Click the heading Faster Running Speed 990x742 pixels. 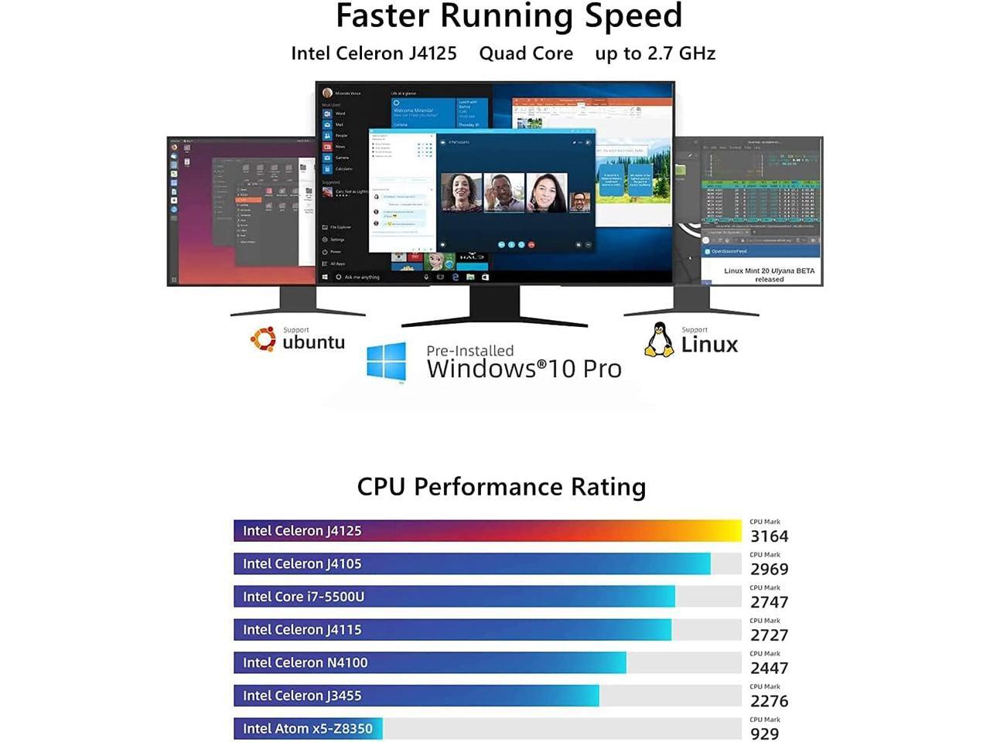point(508,15)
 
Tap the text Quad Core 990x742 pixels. point(526,53)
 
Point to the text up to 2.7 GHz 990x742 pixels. point(655,53)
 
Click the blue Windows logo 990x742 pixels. point(387,361)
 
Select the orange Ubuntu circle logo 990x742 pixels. point(263,339)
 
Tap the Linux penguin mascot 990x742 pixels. point(659,340)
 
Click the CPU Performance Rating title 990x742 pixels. point(501,487)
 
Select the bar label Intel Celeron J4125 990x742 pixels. point(302,531)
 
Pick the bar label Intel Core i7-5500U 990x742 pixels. point(303,597)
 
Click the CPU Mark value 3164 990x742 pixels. point(769,536)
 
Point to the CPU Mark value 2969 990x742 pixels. point(769,570)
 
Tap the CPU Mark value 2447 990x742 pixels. point(769,669)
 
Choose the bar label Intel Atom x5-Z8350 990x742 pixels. point(307,729)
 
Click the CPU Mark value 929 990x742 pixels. point(764,733)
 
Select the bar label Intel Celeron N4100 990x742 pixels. point(305,663)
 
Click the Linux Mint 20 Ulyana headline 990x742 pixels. point(769,274)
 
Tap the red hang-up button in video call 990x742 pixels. point(531,245)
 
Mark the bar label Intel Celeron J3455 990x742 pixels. point(302,696)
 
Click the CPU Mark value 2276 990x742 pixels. point(769,702)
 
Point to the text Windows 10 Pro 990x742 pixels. point(524,369)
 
